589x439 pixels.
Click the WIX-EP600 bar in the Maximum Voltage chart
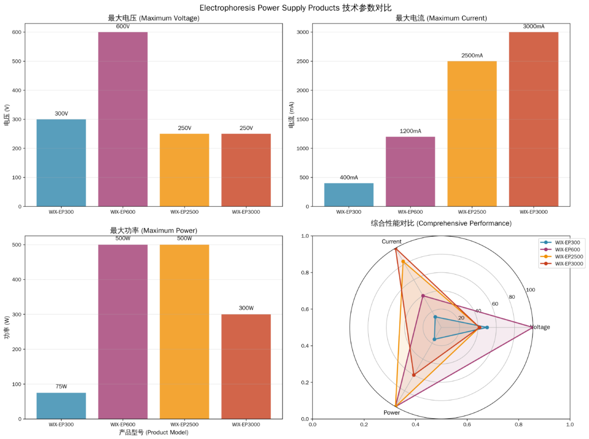[123, 119]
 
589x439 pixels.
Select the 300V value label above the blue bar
[61, 114]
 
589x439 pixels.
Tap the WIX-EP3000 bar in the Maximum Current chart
[533, 119]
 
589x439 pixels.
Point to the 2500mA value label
[472, 56]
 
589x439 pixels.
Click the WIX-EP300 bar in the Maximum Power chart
[61, 406]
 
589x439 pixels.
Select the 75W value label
[61, 387]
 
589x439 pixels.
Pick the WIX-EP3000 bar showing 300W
[246, 366]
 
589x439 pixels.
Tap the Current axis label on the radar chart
[391, 242]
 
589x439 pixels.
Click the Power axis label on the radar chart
[392, 413]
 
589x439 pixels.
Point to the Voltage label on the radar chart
[540, 328]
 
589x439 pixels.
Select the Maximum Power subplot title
[153, 230]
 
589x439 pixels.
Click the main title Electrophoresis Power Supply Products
[294, 7]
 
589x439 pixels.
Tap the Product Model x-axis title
[153, 432]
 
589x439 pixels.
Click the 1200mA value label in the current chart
[410, 131]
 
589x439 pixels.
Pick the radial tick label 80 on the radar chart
[512, 297]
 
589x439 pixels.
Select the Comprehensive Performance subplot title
[441, 223]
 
